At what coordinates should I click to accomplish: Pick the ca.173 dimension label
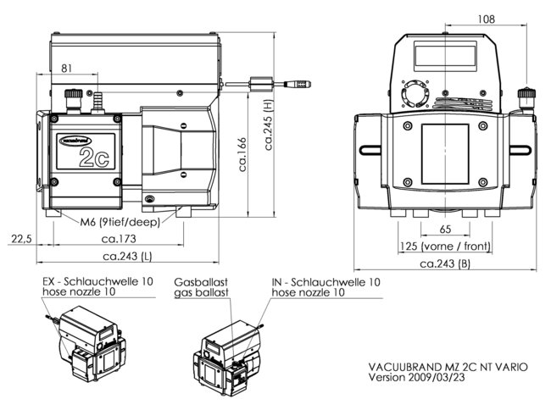(x=119, y=239)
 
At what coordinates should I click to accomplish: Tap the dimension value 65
(x=445, y=230)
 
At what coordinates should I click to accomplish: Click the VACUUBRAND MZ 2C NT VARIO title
(x=449, y=366)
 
